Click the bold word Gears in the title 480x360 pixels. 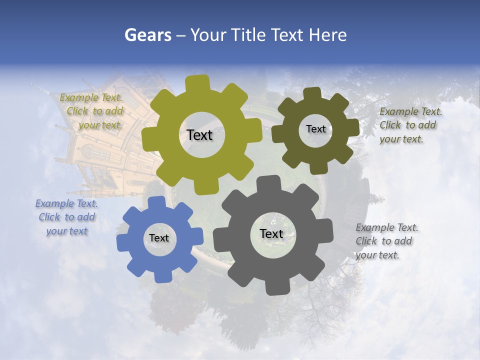click(x=147, y=35)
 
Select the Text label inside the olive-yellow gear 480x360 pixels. click(x=199, y=135)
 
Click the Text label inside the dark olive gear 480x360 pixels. click(x=315, y=129)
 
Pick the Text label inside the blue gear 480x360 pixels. click(x=159, y=238)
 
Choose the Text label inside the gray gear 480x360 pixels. click(x=271, y=233)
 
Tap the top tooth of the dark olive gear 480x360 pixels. click(x=312, y=94)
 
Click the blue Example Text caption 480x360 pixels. click(x=66, y=217)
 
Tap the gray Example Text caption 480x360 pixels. click(x=386, y=241)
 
